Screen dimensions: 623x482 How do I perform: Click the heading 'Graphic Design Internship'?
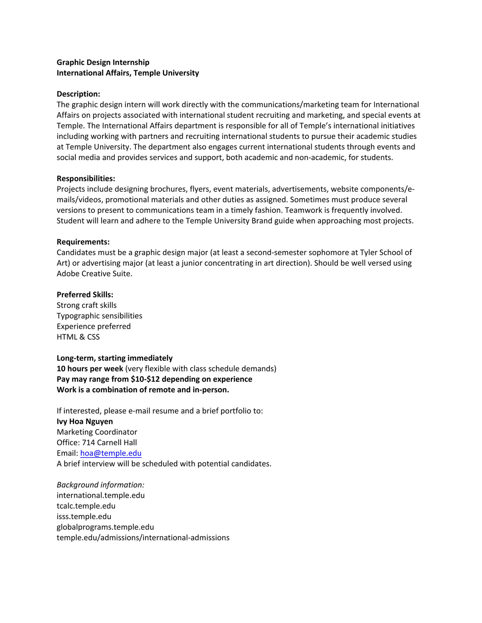coord(103,62)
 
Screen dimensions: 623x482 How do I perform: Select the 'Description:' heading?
coord(78,94)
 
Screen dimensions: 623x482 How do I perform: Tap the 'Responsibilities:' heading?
coord(86,178)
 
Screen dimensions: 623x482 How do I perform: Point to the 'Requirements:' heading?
coord(83,242)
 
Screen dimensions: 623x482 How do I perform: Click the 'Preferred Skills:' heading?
coord(85,295)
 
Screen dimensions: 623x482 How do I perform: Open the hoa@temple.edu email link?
coord(111,453)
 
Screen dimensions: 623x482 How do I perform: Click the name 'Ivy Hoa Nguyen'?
coord(85,421)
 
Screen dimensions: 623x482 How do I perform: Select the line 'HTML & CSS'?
coord(78,337)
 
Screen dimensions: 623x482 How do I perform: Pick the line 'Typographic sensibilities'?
coord(99,316)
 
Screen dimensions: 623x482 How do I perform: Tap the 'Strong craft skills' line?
coord(86,305)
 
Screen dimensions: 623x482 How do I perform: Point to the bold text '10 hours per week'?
coord(90,369)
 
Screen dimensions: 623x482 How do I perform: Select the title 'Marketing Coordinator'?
coord(97,432)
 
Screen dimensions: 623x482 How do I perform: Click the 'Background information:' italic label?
coord(100,485)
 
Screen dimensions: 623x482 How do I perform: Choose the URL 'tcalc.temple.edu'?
coord(86,506)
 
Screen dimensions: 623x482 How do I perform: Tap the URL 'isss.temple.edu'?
coord(84,516)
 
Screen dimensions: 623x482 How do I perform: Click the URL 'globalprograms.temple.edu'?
coord(105,527)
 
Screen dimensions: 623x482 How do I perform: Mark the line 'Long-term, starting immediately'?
coord(115,358)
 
